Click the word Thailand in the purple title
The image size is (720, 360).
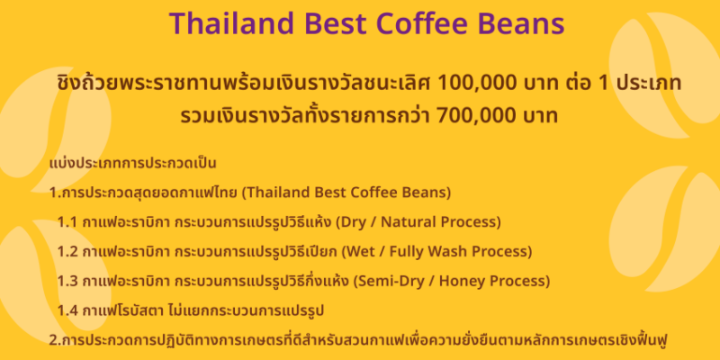(x=231, y=24)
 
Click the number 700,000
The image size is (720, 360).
(x=475, y=116)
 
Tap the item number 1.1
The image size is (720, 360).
(x=67, y=222)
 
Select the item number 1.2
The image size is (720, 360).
(x=68, y=252)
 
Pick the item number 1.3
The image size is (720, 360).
(x=68, y=281)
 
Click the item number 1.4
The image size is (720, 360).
(x=68, y=310)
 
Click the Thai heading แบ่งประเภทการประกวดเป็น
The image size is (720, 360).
(x=132, y=164)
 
